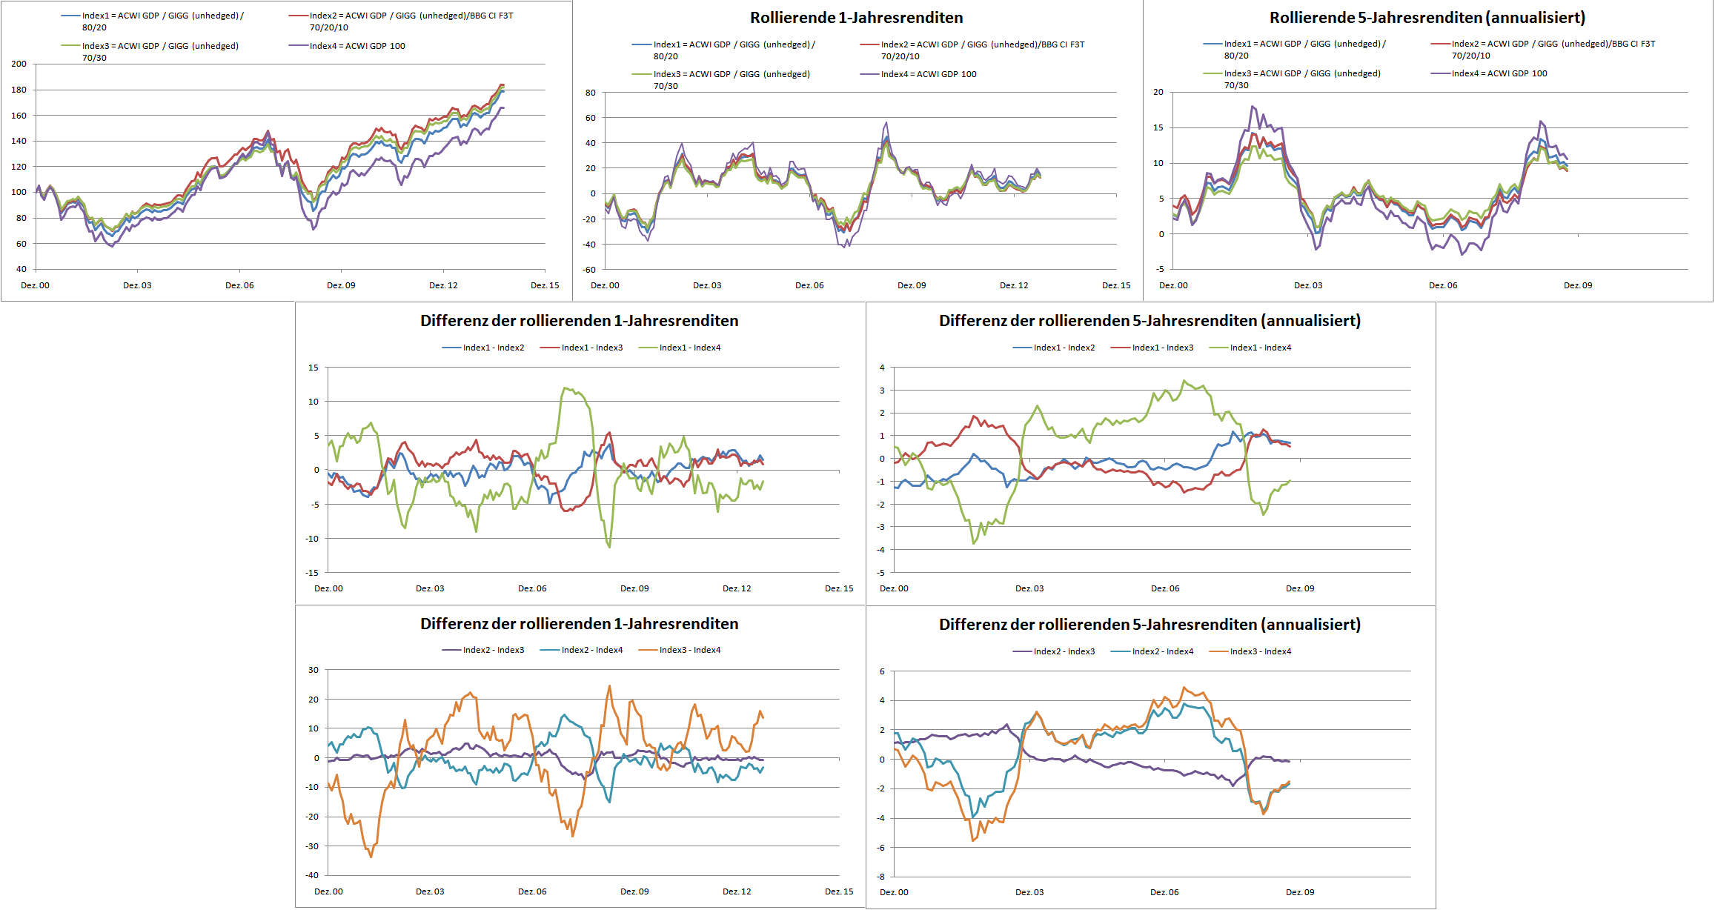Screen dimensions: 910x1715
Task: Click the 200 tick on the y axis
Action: tap(19, 64)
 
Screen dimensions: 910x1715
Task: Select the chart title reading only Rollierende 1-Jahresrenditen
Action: tap(856, 18)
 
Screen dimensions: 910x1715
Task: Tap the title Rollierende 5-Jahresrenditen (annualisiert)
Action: tap(1427, 18)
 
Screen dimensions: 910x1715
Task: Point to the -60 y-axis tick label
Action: tap(588, 270)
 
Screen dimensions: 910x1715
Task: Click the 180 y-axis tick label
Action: tap(19, 90)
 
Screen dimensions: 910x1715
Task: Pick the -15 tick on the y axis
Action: tap(313, 573)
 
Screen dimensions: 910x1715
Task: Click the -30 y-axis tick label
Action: tap(313, 846)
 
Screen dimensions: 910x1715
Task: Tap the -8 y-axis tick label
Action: tap(881, 877)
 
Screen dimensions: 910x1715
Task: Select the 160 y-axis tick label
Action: tap(19, 116)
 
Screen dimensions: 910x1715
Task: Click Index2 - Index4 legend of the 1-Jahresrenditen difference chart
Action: tap(591, 650)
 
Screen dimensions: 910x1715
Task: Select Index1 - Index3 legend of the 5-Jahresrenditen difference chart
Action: tap(1162, 348)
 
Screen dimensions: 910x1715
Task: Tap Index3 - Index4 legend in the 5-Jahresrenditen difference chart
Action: tap(1260, 651)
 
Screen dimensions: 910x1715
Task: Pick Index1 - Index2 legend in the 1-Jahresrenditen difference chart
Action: tap(493, 348)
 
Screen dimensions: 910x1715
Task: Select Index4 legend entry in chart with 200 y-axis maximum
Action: tap(357, 46)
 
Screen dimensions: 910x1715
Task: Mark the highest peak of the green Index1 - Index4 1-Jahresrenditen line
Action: tap(565, 388)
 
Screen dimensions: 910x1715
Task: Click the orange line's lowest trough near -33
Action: tap(371, 857)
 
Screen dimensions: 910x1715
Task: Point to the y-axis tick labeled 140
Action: tap(19, 141)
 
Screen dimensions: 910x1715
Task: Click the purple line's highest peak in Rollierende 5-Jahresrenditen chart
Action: tap(1252, 106)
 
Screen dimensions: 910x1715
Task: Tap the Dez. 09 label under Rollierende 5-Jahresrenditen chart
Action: tap(1577, 285)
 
